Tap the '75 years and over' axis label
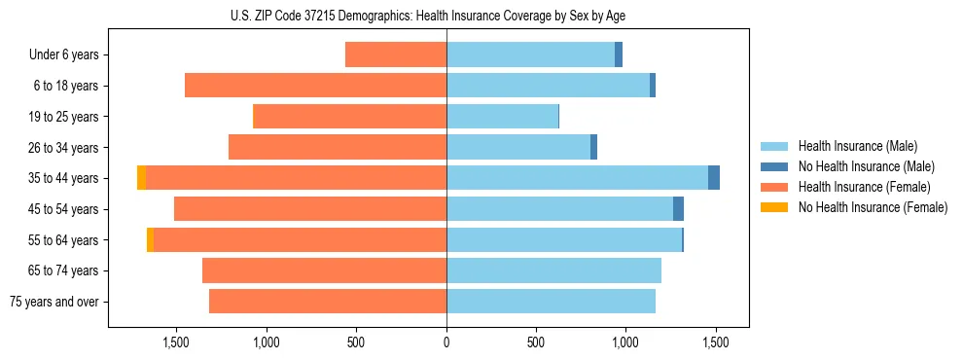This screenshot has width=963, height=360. [54, 302]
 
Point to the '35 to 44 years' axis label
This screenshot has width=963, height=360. [64, 178]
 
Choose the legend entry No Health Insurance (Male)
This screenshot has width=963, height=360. [859, 166]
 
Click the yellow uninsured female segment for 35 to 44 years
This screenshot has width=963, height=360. [142, 178]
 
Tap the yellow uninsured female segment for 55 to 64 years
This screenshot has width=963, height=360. [150, 239]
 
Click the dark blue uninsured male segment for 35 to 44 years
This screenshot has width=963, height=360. [714, 178]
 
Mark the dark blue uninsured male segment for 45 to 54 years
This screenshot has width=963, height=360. [678, 209]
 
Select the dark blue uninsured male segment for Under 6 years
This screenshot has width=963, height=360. [619, 55]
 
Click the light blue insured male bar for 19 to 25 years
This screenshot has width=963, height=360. [502, 117]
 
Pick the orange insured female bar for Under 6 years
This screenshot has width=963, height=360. [396, 55]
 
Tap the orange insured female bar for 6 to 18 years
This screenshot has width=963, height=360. [315, 86]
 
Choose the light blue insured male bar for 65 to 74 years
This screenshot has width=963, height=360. [553, 270]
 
